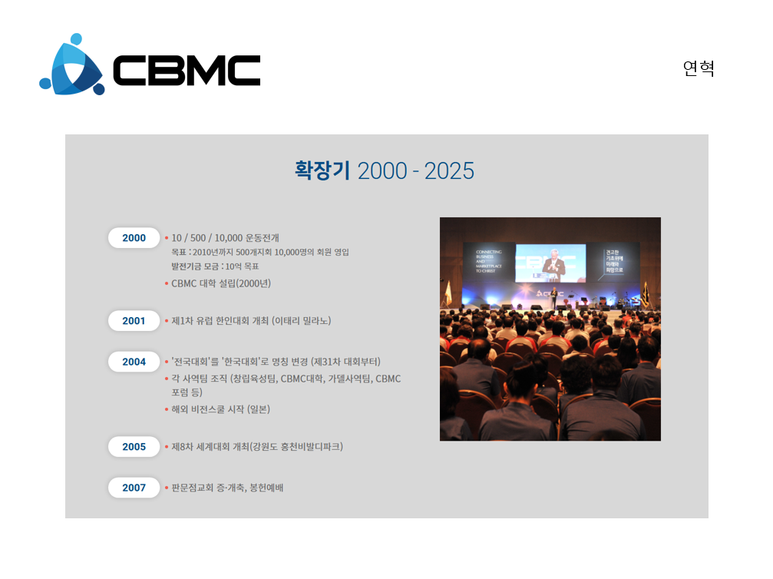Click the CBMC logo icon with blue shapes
coord(72,65)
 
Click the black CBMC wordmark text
coord(187,70)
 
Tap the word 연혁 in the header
coord(699,68)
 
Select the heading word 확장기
coord(322,170)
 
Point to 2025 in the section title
coord(449,171)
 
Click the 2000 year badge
coord(134,238)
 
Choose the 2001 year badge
coord(134,320)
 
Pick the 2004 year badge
coord(134,362)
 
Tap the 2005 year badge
coord(134,446)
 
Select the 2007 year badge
coord(134,488)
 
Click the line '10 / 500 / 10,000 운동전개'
coord(225,238)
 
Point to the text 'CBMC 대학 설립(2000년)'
coord(221,283)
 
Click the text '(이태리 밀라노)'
coord(301,320)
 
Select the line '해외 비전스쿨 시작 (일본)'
coord(220,409)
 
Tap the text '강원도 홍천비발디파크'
coord(296,446)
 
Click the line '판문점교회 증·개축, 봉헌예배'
coord(227,488)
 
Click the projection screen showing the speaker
coord(550,263)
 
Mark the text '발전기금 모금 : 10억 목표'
coord(215,266)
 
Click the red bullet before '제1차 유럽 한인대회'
coord(167,321)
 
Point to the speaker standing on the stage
coord(554,297)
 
